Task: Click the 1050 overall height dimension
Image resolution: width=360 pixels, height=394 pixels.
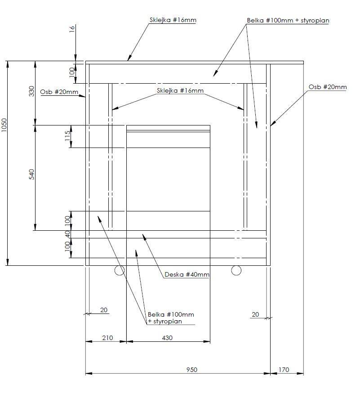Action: (x=4, y=125)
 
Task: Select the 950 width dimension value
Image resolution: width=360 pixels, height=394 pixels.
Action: (x=192, y=370)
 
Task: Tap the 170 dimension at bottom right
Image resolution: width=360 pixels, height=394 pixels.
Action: (x=284, y=370)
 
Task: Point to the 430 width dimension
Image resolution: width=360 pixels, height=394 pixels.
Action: (x=167, y=338)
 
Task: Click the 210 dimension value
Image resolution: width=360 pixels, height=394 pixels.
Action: (x=107, y=338)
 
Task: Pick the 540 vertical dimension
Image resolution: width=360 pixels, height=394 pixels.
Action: (x=31, y=174)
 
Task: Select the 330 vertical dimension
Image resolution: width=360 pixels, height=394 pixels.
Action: (x=31, y=91)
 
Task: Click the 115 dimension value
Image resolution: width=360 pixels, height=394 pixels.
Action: (x=67, y=136)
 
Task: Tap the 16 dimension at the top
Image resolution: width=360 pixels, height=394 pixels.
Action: (x=72, y=28)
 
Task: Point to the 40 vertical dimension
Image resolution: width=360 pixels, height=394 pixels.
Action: (x=67, y=234)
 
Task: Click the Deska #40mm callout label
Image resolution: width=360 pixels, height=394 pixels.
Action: (x=187, y=274)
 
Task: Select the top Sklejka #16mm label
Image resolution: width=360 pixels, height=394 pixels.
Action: (x=173, y=20)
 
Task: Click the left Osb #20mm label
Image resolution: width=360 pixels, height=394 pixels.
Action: (x=59, y=92)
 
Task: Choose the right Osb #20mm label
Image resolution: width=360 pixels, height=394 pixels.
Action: (x=328, y=87)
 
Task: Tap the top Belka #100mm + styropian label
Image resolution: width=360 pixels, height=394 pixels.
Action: (x=288, y=20)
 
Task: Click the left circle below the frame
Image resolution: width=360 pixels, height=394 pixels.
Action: (x=119, y=271)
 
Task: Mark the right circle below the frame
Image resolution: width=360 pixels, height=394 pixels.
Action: (x=236, y=270)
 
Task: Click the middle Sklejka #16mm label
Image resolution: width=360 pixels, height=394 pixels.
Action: (x=180, y=90)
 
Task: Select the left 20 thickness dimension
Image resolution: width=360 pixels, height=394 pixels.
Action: (x=104, y=310)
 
